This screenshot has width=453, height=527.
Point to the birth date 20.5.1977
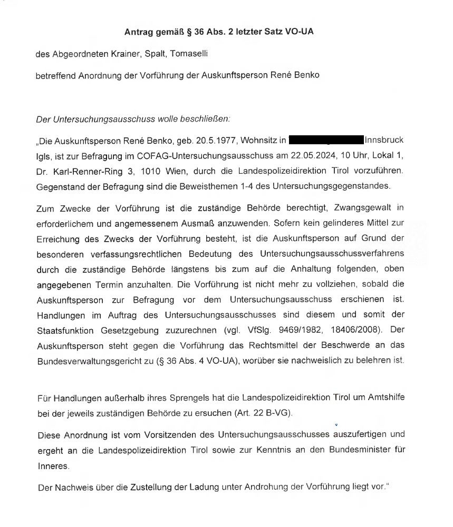pyautogui.click(x=212, y=141)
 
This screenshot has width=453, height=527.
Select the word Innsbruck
pyautogui.click(x=384, y=141)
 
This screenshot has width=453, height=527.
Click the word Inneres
pyautogui.click(x=53, y=465)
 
